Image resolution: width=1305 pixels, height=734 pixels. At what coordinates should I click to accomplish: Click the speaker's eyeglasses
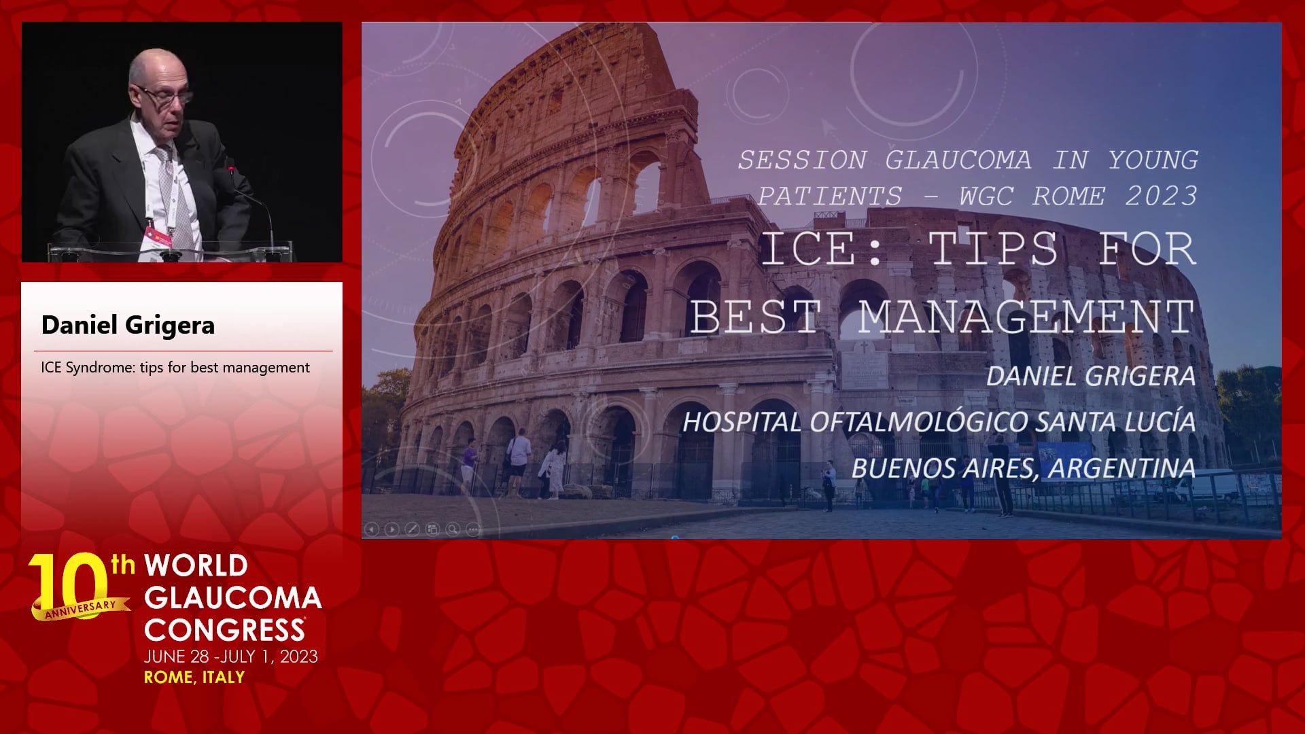coord(165,96)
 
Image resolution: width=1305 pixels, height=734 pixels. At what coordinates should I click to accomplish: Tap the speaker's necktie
coord(166,190)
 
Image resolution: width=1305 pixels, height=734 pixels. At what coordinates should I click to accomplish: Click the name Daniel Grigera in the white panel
coord(128,325)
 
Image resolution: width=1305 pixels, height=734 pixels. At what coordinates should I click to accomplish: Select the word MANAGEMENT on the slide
coord(1026,316)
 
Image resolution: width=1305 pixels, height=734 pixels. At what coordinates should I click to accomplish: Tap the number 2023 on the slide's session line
coord(1161,196)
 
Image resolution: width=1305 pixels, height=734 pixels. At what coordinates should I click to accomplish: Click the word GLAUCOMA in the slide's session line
coord(958,160)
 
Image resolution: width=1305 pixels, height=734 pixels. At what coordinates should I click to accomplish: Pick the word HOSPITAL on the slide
coord(742,421)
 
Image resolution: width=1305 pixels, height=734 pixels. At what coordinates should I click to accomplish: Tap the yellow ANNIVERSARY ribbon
coord(80,609)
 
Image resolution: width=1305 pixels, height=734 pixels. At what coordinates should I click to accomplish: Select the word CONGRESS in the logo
coord(224,630)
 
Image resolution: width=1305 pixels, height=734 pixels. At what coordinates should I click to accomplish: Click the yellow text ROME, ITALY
coord(194,677)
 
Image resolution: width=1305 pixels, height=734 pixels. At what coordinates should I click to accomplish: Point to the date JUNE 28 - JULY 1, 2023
coord(231,657)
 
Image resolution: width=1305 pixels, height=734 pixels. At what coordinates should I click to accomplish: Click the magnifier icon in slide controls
coord(453,529)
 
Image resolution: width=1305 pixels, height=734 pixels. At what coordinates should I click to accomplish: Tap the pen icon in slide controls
coord(412,529)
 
